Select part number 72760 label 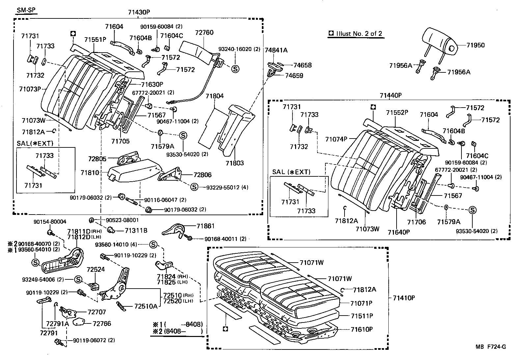coord(204,33)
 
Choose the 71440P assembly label coord(390,95)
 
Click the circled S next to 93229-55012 coord(194,187)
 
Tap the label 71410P coord(403,298)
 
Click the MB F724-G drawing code coord(490,347)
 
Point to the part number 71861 coord(206,226)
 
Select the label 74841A coord(276,50)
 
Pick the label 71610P coord(361,329)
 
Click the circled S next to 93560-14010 coord(153,244)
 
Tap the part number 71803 coord(235,163)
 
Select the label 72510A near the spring coord(146,306)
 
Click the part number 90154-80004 coord(50,222)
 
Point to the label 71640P coord(399,232)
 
